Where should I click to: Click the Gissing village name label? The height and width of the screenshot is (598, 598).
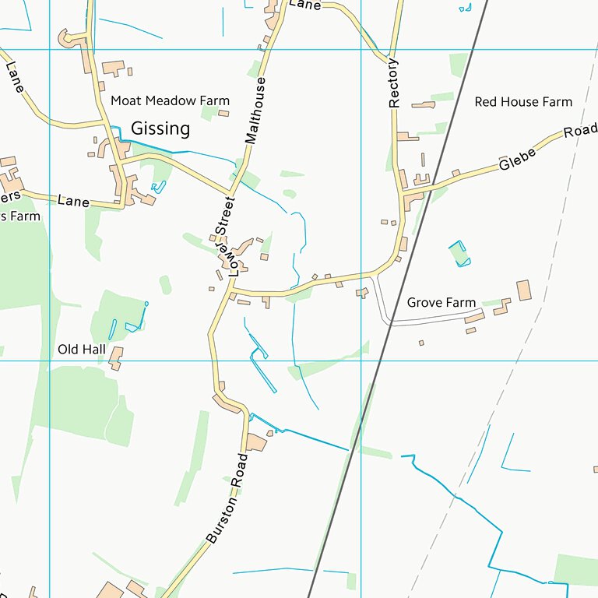coord(160,128)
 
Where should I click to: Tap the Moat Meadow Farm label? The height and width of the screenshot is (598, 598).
coord(170,100)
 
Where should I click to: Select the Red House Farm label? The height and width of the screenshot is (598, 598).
coord(523,102)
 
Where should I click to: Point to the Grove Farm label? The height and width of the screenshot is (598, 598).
coord(441,302)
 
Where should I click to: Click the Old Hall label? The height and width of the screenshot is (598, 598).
coord(81,350)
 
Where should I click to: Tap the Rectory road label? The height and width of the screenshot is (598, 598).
coord(393,83)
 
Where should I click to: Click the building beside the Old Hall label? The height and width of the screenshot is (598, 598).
coord(116,357)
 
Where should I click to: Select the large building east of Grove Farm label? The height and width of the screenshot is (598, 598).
coord(523,290)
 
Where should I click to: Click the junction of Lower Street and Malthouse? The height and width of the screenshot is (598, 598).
coord(230,193)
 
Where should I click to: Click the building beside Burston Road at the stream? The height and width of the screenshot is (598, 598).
coord(255,443)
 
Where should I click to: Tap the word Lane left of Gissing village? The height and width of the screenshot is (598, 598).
coord(73,201)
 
